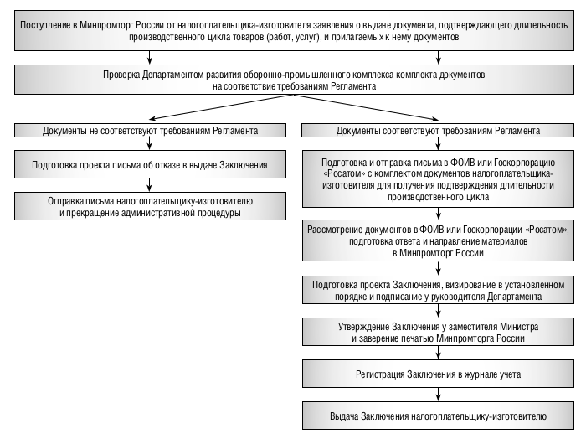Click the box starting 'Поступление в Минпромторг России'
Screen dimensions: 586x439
[294, 31]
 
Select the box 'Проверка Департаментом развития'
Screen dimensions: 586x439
[294, 80]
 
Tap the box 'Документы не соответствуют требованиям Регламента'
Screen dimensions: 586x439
[150, 131]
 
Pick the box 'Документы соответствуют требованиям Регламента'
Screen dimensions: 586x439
[438, 131]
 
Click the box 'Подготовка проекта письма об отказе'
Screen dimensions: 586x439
[150, 164]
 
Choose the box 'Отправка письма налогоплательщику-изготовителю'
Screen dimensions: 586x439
[150, 206]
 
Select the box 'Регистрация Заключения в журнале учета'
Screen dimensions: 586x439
[438, 374]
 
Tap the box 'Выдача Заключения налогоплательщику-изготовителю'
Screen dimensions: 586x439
[438, 416]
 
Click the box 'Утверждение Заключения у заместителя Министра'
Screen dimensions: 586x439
[438, 332]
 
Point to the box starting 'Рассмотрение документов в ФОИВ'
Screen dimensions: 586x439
[438, 240]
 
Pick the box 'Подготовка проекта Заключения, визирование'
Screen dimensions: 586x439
[438, 290]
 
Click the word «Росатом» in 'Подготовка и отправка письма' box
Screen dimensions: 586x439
[339, 174]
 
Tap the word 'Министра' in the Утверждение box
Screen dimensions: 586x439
[520, 327]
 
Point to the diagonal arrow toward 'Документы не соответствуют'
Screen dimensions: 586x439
[221, 107]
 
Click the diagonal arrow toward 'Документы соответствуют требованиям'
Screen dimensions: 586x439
[367, 107]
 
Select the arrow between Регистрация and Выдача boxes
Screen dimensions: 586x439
[439, 395]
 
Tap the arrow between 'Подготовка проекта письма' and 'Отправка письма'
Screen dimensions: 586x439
[150, 185]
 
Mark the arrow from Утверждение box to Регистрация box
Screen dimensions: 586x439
[439, 353]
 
